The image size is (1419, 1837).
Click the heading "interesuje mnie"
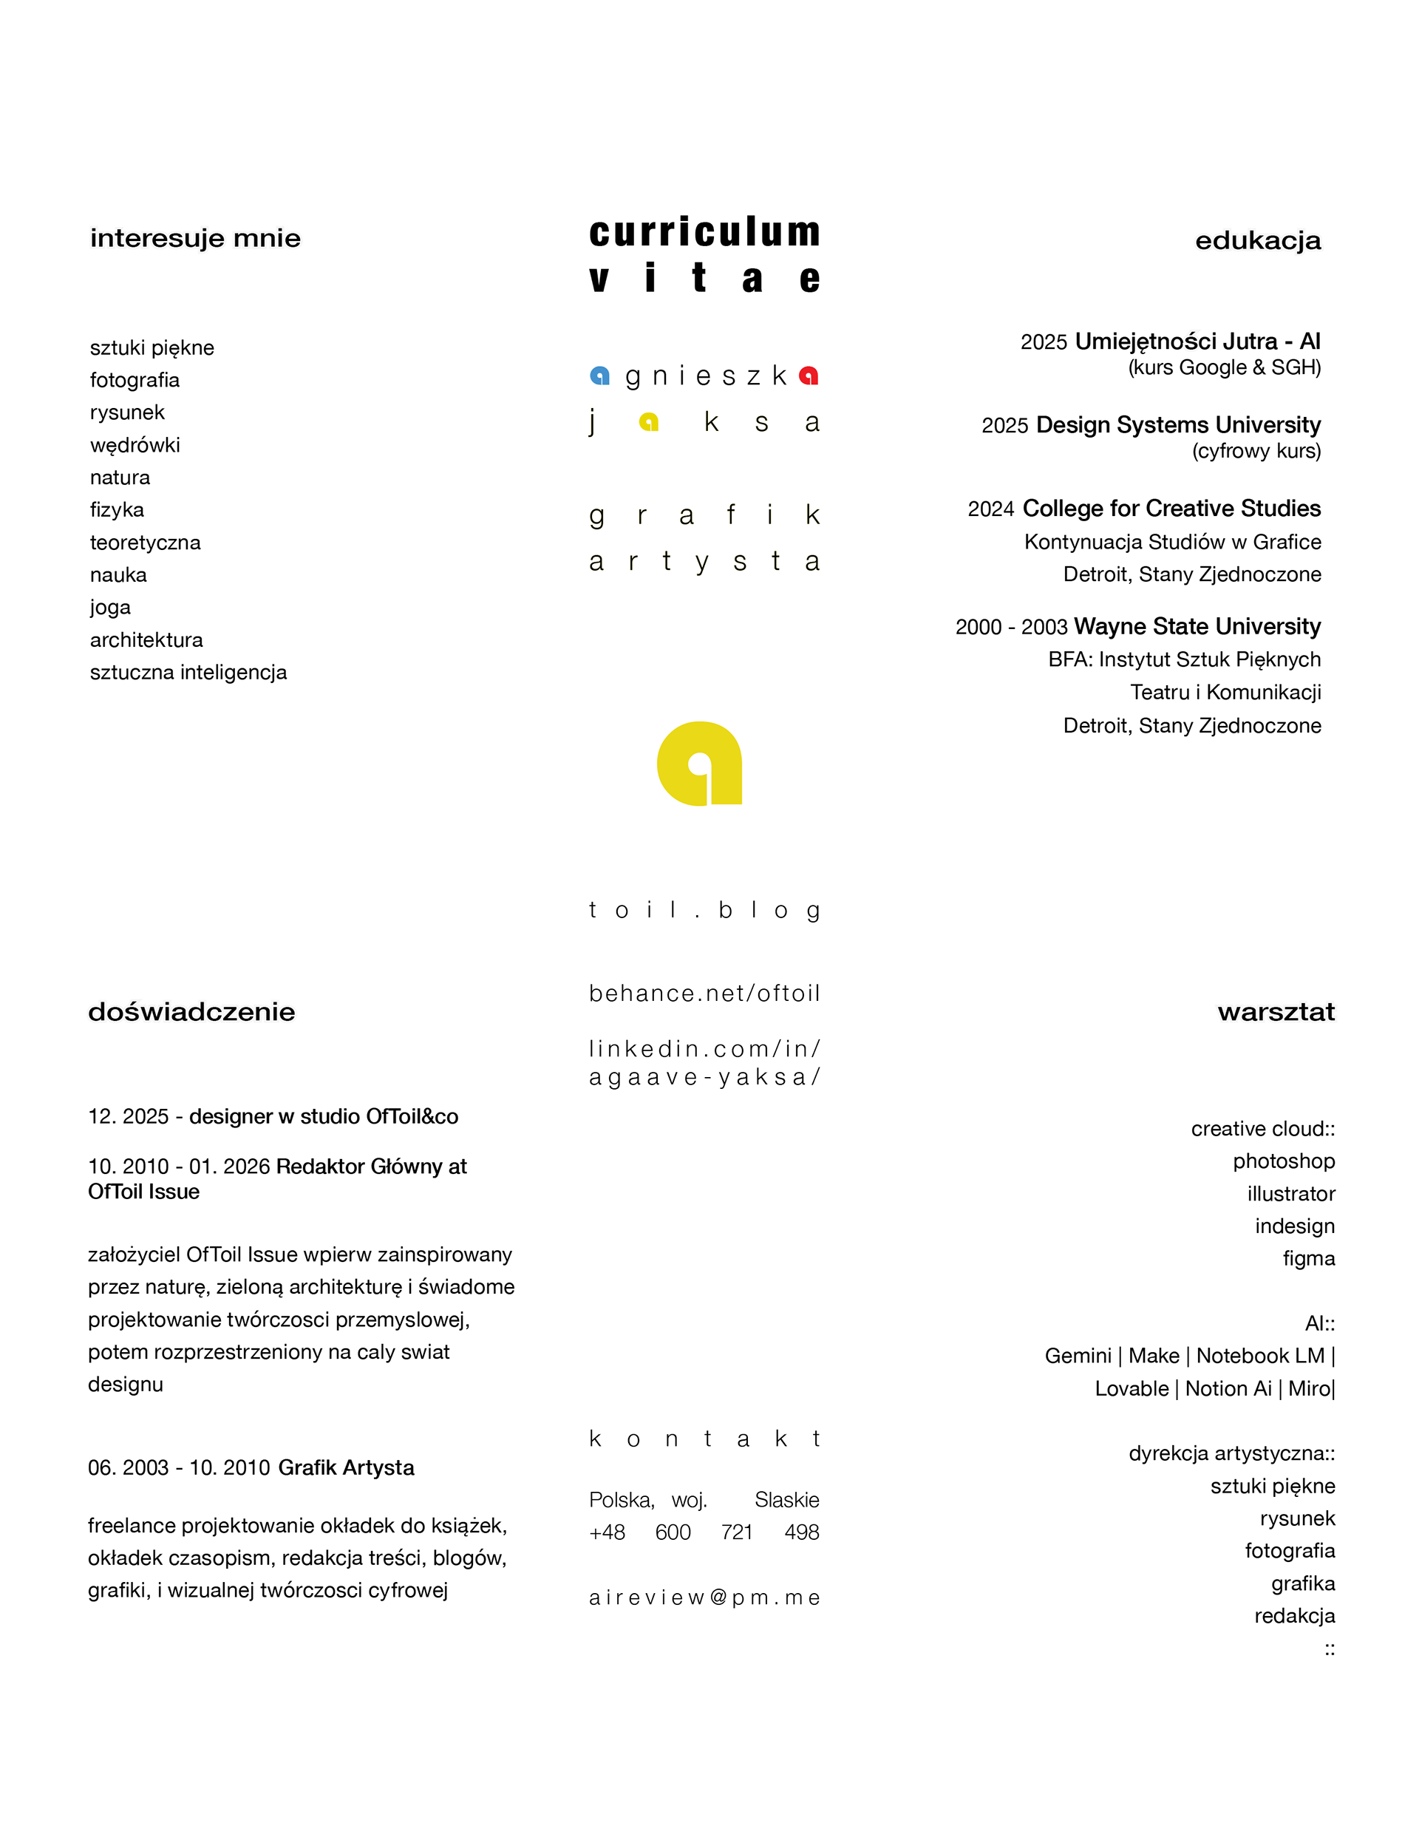[x=195, y=239]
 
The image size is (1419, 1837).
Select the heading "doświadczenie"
[x=191, y=1012]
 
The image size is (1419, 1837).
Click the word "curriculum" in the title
[x=704, y=232]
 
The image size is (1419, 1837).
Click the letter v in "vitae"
[x=599, y=279]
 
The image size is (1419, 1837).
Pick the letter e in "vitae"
[x=809, y=279]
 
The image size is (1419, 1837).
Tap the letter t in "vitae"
[x=700, y=279]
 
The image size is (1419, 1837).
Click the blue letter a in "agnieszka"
[x=599, y=375]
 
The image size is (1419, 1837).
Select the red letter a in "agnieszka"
[x=809, y=375]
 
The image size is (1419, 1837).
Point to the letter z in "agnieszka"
[x=754, y=376]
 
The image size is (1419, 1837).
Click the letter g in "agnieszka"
[x=633, y=378]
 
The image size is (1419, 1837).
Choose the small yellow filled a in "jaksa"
[x=648, y=421]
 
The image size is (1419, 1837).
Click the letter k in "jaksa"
[x=712, y=421]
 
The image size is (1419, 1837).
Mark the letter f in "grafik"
[x=731, y=513]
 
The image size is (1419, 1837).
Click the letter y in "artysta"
[x=702, y=562]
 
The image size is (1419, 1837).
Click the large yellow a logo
[x=700, y=763]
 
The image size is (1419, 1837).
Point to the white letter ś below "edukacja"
[x=1191, y=341]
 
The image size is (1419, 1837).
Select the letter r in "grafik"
[x=642, y=515]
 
